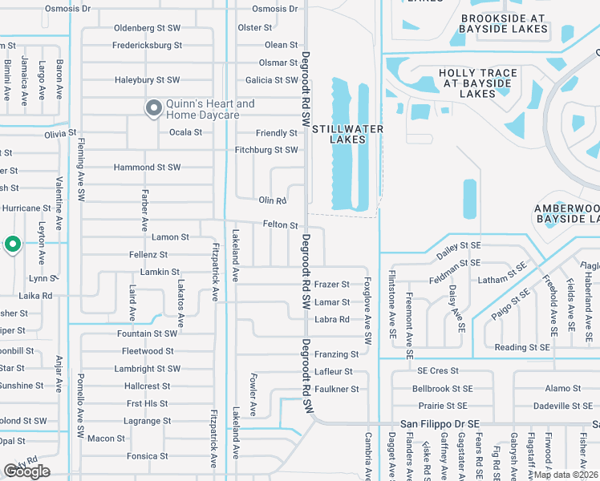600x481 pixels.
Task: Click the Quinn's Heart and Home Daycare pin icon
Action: [x=153, y=108]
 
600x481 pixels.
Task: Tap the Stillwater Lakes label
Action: [x=347, y=134]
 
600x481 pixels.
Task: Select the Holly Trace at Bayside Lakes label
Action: [x=477, y=83]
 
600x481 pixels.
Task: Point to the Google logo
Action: [x=26, y=471]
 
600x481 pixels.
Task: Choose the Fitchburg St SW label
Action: [x=266, y=150]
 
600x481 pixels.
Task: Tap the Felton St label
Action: [x=280, y=225]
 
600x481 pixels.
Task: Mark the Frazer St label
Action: [x=331, y=285]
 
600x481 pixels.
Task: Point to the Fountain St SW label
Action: [x=146, y=333]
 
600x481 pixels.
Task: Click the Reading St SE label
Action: [x=521, y=347]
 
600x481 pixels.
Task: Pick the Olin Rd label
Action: [x=272, y=200]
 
